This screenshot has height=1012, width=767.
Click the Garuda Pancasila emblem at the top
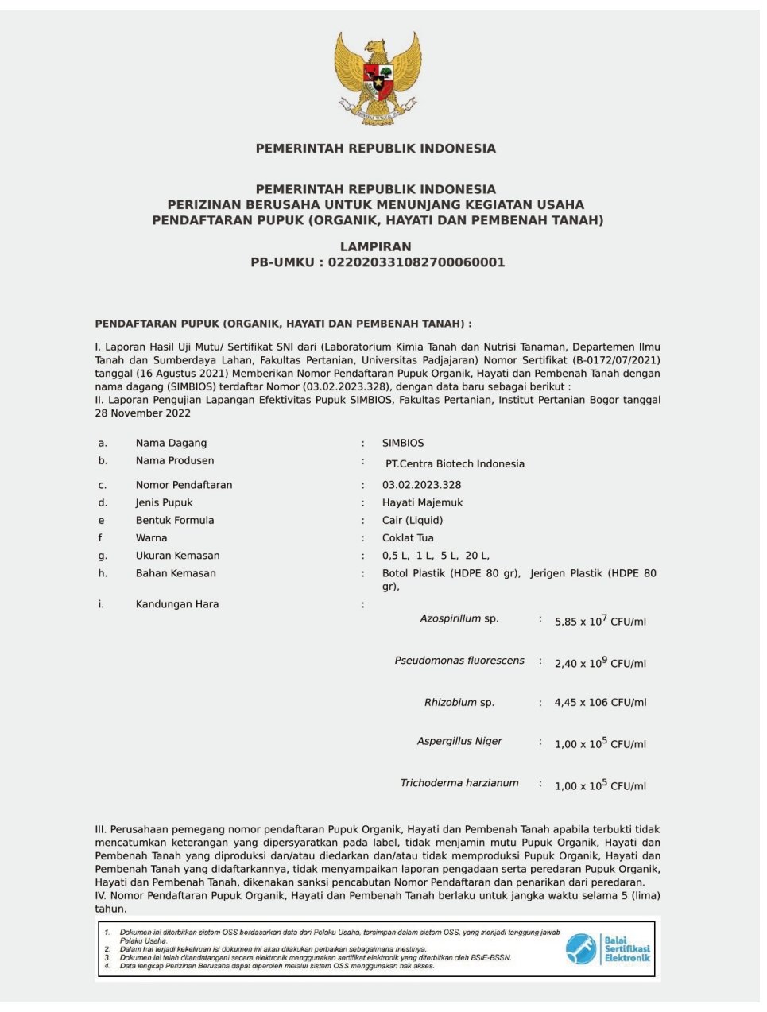tap(377, 78)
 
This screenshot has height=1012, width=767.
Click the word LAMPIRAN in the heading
tap(376, 246)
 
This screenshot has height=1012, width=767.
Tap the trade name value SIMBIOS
tap(403, 443)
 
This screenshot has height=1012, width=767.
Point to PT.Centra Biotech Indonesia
tap(455, 463)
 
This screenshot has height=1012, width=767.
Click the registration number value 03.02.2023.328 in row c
tap(421, 485)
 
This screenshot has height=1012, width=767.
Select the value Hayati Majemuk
tap(422, 502)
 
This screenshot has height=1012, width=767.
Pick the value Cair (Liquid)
tap(412, 520)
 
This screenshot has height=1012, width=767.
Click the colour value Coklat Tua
tap(408, 538)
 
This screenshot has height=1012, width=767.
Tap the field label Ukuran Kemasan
tap(177, 556)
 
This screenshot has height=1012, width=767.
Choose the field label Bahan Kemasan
tap(176, 573)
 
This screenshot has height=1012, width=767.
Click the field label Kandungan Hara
tap(176, 604)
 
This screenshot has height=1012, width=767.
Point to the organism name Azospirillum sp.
tap(459, 618)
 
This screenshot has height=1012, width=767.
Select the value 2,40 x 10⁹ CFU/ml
tap(600, 663)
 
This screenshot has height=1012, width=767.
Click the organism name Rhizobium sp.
tap(459, 703)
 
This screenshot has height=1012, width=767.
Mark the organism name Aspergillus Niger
tap(459, 741)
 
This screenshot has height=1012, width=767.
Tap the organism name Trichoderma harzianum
tap(459, 783)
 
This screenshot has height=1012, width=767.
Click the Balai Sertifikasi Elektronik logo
tap(608, 948)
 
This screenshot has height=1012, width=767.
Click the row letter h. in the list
tap(103, 573)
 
